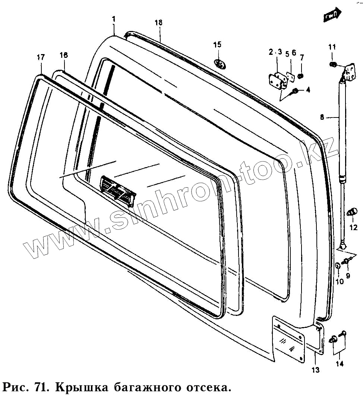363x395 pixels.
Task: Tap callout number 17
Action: pos(41,57)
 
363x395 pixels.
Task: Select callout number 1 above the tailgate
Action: pos(114,19)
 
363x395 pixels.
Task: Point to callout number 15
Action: pos(217,45)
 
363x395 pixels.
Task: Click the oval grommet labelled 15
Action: pos(220,64)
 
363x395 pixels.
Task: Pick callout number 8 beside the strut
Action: pos(322,117)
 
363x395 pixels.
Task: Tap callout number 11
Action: pos(332,47)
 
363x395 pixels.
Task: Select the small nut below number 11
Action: pos(333,65)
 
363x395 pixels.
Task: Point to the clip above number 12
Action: pos(351,213)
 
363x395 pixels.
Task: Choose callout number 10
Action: pos(339,282)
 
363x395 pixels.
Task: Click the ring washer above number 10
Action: pos(338,266)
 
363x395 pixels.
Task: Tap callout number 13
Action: pos(315,370)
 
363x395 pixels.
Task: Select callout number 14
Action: pos(339,364)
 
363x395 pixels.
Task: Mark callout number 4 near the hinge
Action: pos(308,90)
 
